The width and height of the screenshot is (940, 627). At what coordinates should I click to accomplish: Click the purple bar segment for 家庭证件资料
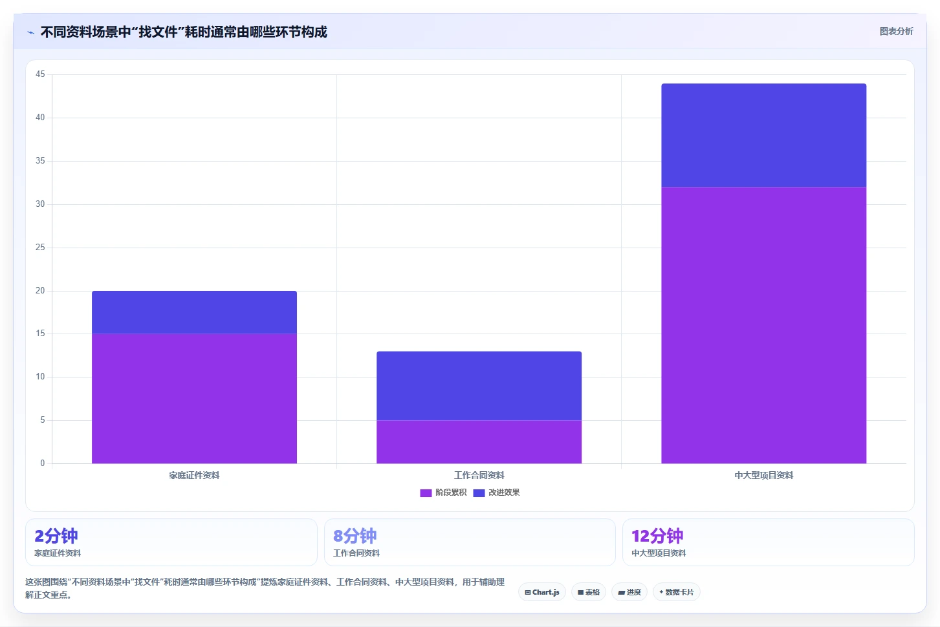(194, 398)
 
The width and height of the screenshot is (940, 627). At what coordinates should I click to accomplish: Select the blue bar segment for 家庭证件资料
(194, 312)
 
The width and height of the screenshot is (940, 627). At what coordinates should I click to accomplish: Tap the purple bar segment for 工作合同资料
(479, 441)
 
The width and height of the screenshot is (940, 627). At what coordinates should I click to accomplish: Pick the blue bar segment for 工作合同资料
(479, 386)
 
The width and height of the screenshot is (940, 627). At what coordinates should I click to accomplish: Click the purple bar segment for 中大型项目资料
(764, 325)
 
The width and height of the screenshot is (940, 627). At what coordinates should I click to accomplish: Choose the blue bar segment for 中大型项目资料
(764, 135)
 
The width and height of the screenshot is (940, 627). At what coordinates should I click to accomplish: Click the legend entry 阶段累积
(443, 493)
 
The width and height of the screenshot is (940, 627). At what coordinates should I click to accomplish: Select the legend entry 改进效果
(496, 493)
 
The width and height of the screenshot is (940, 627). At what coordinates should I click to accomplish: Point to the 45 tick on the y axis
(40, 74)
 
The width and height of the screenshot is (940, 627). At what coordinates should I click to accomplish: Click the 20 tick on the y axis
(40, 291)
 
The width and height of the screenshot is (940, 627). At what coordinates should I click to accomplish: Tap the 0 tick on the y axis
(43, 463)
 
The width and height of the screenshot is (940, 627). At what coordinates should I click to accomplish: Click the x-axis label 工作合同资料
(479, 475)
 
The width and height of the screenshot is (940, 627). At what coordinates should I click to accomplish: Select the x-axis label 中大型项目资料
(764, 475)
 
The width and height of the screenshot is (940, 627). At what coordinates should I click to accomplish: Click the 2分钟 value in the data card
(56, 536)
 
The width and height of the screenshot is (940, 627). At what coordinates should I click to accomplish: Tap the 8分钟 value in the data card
(355, 536)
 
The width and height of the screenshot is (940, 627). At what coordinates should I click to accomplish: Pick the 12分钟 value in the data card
(657, 536)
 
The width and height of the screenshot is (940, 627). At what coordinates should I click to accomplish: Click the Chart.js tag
(542, 592)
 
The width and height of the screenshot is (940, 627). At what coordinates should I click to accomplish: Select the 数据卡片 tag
(677, 592)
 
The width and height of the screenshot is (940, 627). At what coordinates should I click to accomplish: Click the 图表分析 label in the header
(897, 32)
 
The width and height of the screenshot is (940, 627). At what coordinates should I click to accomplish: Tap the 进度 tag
(629, 592)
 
